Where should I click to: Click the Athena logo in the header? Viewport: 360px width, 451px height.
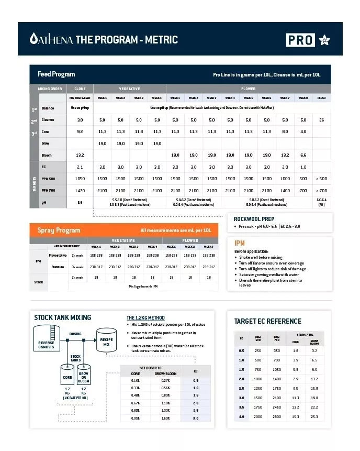[x=51, y=39]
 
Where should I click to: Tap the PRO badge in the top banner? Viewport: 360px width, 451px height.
[x=300, y=40]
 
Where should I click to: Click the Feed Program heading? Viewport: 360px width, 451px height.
[x=56, y=74]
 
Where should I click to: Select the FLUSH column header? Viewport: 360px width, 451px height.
[x=321, y=98]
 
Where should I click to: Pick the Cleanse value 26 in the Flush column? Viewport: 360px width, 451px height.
[x=321, y=120]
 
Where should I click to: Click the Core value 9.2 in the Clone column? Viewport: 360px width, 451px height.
[x=80, y=131]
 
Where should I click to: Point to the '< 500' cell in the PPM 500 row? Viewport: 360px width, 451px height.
[x=321, y=179]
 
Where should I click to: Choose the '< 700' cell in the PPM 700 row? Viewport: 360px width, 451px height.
[x=321, y=191]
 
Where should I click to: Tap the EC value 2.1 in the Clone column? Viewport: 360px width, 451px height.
[x=80, y=167]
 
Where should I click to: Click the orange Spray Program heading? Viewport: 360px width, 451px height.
[x=59, y=230]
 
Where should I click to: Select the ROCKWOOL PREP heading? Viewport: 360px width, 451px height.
[x=254, y=219]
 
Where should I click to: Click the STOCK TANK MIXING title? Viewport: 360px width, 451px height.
[x=62, y=317]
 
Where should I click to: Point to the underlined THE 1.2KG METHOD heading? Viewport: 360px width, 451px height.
[x=145, y=318]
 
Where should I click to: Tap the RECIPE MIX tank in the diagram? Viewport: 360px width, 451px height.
[x=106, y=341]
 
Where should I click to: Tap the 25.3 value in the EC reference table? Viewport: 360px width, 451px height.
[x=313, y=416]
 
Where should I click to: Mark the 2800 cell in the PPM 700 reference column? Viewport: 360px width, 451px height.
[x=277, y=416]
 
